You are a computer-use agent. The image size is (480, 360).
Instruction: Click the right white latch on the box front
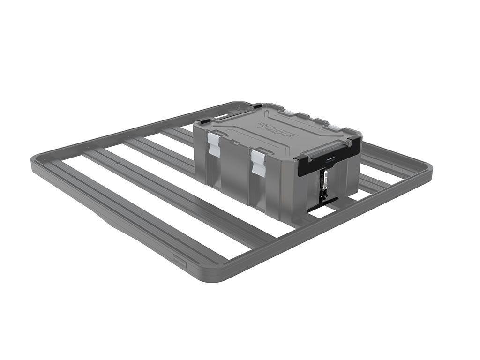tap(258, 162)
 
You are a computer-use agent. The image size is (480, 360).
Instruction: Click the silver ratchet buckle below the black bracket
tap(324, 180)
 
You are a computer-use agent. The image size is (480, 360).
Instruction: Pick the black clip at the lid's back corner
tap(257, 106)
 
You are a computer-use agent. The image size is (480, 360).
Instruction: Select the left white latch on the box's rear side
tap(290, 113)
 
